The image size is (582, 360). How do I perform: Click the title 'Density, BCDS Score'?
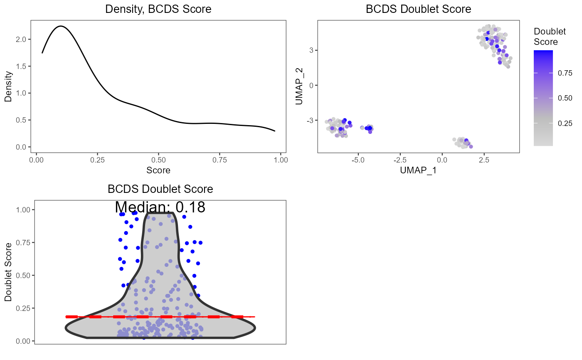click(158, 9)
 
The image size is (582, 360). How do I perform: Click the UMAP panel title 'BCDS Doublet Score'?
click(419, 9)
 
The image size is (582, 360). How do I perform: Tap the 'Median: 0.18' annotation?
click(160, 207)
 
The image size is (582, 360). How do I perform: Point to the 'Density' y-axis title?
click(8, 86)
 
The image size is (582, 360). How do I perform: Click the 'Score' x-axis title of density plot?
click(158, 170)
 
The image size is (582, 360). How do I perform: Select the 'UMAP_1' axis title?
click(419, 170)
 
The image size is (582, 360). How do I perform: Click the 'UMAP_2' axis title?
click(299, 86)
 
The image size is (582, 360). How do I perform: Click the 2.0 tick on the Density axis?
click(24, 39)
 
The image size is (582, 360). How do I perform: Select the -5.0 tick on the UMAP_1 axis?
click(358, 160)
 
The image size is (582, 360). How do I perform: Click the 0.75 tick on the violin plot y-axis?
click(23, 242)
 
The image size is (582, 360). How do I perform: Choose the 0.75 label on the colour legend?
click(565, 73)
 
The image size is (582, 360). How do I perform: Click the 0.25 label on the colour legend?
click(565, 123)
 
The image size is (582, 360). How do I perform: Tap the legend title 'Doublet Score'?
click(546, 37)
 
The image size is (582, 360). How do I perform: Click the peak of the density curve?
click(61, 26)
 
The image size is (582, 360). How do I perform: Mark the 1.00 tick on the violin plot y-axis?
click(23, 210)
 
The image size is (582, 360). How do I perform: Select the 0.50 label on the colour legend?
click(565, 98)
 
